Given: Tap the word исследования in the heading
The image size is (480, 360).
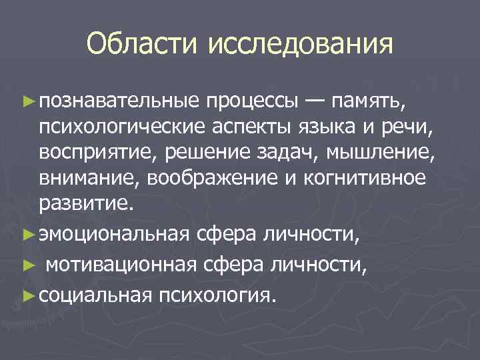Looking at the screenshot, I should pyautogui.click(x=300, y=45).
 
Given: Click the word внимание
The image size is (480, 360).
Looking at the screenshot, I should pyautogui.click(x=89, y=177).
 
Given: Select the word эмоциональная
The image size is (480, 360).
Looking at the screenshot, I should pyautogui.click(x=115, y=236).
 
